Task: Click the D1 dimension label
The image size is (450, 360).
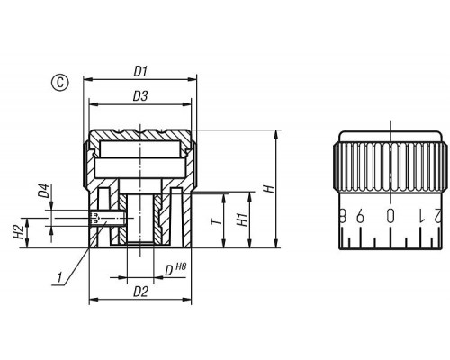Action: pos(140,72)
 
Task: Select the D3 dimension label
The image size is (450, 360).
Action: pos(140,96)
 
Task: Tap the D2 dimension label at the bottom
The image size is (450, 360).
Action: pos(140,292)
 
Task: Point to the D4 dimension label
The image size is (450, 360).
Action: pos(44,191)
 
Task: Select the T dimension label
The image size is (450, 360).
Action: pos(217,221)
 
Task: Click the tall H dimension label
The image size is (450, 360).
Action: pos(268,189)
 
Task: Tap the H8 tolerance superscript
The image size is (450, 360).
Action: pos(181,266)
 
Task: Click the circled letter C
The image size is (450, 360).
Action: pos(60,82)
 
